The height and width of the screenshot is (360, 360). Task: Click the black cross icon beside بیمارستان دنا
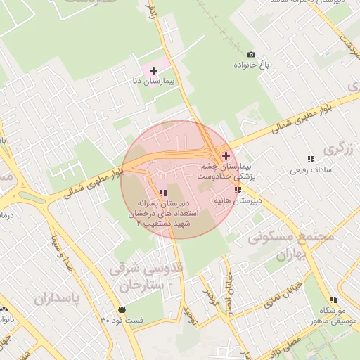pyautogui.click(x=153, y=70)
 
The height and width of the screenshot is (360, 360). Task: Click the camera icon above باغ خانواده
pyautogui.click(x=251, y=54)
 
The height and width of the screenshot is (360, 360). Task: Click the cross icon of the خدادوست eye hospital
pyautogui.click(x=226, y=155)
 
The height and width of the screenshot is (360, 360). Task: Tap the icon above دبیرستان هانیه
pyautogui.click(x=238, y=190)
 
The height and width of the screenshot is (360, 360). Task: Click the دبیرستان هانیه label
pyautogui.click(x=238, y=201)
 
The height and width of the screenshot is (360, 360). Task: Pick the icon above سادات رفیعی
pyautogui.click(x=310, y=159)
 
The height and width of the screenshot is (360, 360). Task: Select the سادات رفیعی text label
pyautogui.click(x=309, y=170)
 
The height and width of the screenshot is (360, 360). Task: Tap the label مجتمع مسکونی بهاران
pyautogui.click(x=290, y=246)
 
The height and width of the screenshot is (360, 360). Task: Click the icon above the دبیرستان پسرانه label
pyautogui.click(x=163, y=193)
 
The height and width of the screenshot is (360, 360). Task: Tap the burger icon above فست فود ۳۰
pyautogui.click(x=123, y=309)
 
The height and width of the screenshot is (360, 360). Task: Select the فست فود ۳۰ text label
pyautogui.click(x=122, y=321)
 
